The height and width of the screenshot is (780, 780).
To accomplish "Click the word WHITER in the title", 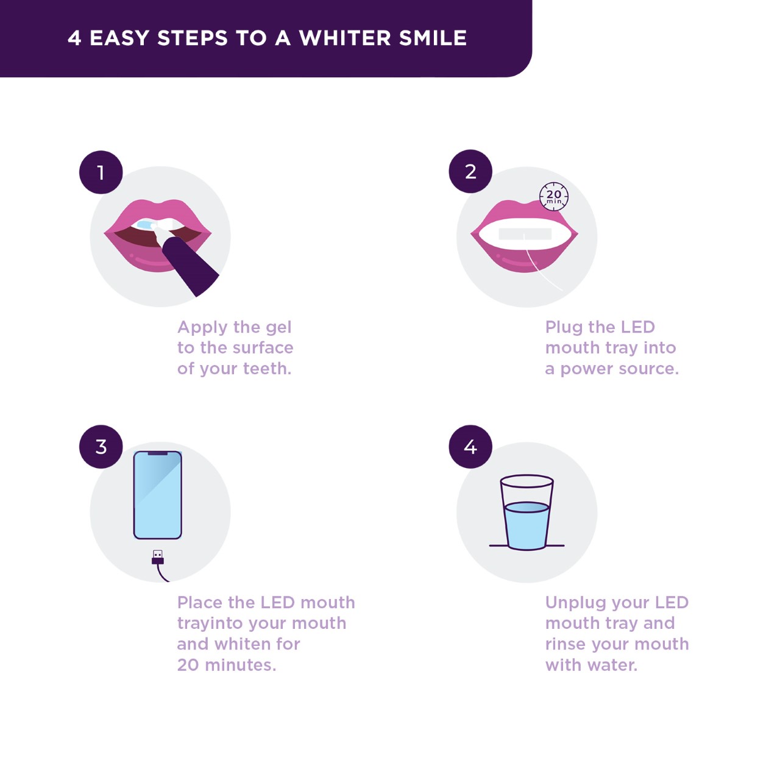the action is [x=345, y=38].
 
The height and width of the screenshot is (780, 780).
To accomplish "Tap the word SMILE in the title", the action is [x=433, y=38].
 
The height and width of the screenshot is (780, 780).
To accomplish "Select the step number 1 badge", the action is [x=101, y=172].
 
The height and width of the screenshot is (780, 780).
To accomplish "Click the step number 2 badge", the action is [x=470, y=172].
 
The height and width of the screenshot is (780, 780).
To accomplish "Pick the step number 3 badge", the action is [x=101, y=447].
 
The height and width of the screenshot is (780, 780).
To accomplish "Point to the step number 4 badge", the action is [x=470, y=447].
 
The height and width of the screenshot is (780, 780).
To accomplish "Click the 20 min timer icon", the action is [x=554, y=197].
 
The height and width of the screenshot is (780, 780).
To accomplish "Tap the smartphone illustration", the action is [x=157, y=495].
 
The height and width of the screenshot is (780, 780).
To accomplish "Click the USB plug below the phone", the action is [x=158, y=558].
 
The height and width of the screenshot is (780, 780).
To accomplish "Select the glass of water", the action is [x=526, y=512].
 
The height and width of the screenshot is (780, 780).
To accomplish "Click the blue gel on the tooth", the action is [x=144, y=224].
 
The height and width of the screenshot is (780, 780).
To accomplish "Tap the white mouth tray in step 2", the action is [x=525, y=235].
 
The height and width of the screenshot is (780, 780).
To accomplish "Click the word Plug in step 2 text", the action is [x=563, y=328].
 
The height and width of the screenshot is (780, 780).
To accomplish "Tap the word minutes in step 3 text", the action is [x=241, y=665].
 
